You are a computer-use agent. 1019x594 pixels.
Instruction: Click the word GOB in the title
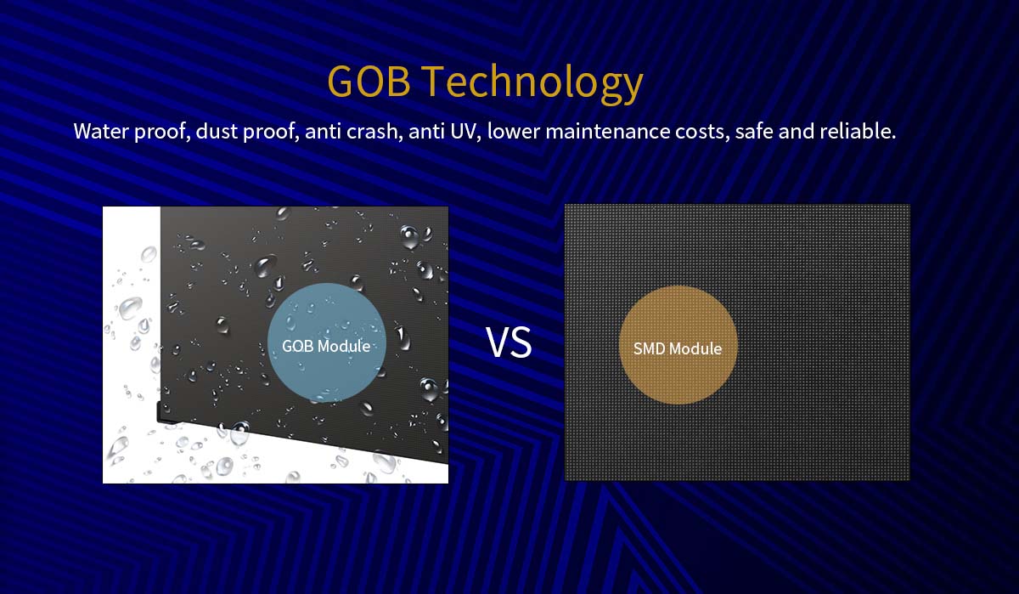coord(369,81)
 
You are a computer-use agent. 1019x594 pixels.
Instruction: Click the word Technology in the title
coord(534,84)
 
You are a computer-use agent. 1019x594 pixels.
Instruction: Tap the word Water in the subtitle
coord(100,131)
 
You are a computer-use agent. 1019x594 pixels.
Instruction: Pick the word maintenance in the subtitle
coord(608,131)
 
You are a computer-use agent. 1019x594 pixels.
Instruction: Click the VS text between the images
coord(509,342)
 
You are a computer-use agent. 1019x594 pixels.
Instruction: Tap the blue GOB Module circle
coord(327,342)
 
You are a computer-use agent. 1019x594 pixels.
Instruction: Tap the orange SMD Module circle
coord(678,345)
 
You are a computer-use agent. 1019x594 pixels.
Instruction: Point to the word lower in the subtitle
coord(514,131)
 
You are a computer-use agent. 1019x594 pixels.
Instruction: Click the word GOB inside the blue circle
coord(297,347)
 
